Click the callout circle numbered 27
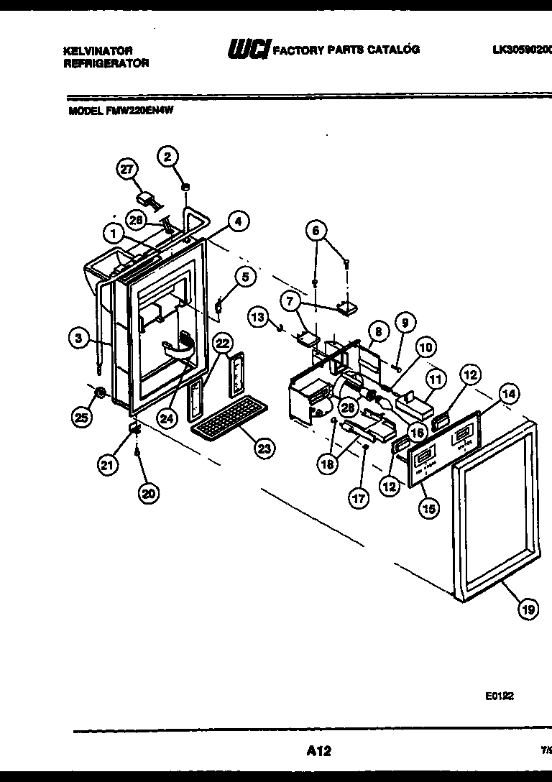coord(126,170)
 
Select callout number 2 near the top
coord(168,157)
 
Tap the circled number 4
coord(239,221)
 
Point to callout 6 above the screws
coord(316,230)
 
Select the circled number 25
coord(83,416)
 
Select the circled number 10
coord(426,347)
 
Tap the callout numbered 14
coord(509,393)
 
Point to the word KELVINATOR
coord(98,52)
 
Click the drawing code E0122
coord(498,696)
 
